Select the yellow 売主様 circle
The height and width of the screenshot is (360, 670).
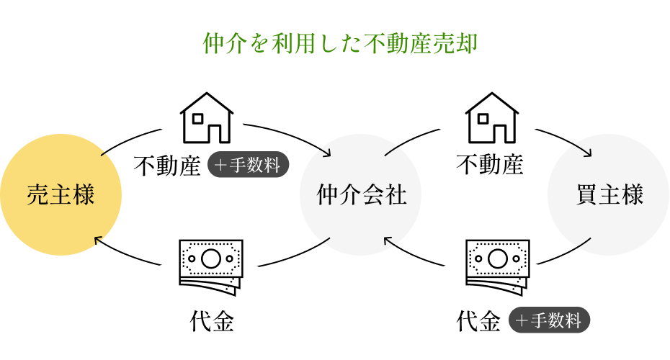tap(61, 195)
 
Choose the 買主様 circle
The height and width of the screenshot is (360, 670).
tap(609, 195)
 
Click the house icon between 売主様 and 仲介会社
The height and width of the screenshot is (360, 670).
tap(207, 118)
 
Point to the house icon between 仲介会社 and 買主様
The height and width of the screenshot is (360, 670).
tap(492, 118)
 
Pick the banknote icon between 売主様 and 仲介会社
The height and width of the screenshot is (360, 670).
tap(211, 264)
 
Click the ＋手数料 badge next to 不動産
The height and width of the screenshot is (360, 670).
tap(249, 166)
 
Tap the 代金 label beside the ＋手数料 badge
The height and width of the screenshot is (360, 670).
tap(479, 321)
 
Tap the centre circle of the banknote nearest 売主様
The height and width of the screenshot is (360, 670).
tap(210, 256)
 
